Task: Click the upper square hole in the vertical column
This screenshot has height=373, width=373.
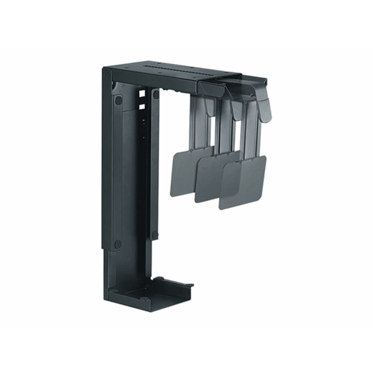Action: click(x=142, y=94)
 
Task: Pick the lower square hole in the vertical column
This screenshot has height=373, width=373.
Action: click(x=142, y=106)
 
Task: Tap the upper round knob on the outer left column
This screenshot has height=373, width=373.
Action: click(x=117, y=99)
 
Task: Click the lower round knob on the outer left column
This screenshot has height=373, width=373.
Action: click(x=117, y=244)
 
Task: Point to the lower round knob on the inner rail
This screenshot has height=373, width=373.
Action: click(x=155, y=234)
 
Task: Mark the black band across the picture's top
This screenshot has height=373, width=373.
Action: click(x=186, y=22)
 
